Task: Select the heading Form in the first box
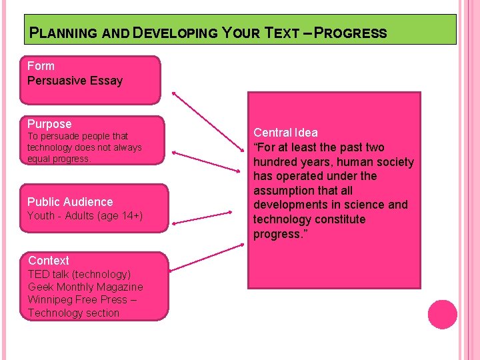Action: point(41,66)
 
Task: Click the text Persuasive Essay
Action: point(75,81)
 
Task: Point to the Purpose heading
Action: point(49,124)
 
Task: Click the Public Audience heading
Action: point(70,201)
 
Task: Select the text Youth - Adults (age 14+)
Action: point(85,216)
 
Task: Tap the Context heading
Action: point(49,261)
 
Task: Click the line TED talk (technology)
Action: point(79,274)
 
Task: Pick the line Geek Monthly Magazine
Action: point(85,287)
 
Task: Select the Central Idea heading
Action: point(285,133)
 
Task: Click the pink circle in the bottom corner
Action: point(442,315)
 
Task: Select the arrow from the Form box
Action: point(209,129)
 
